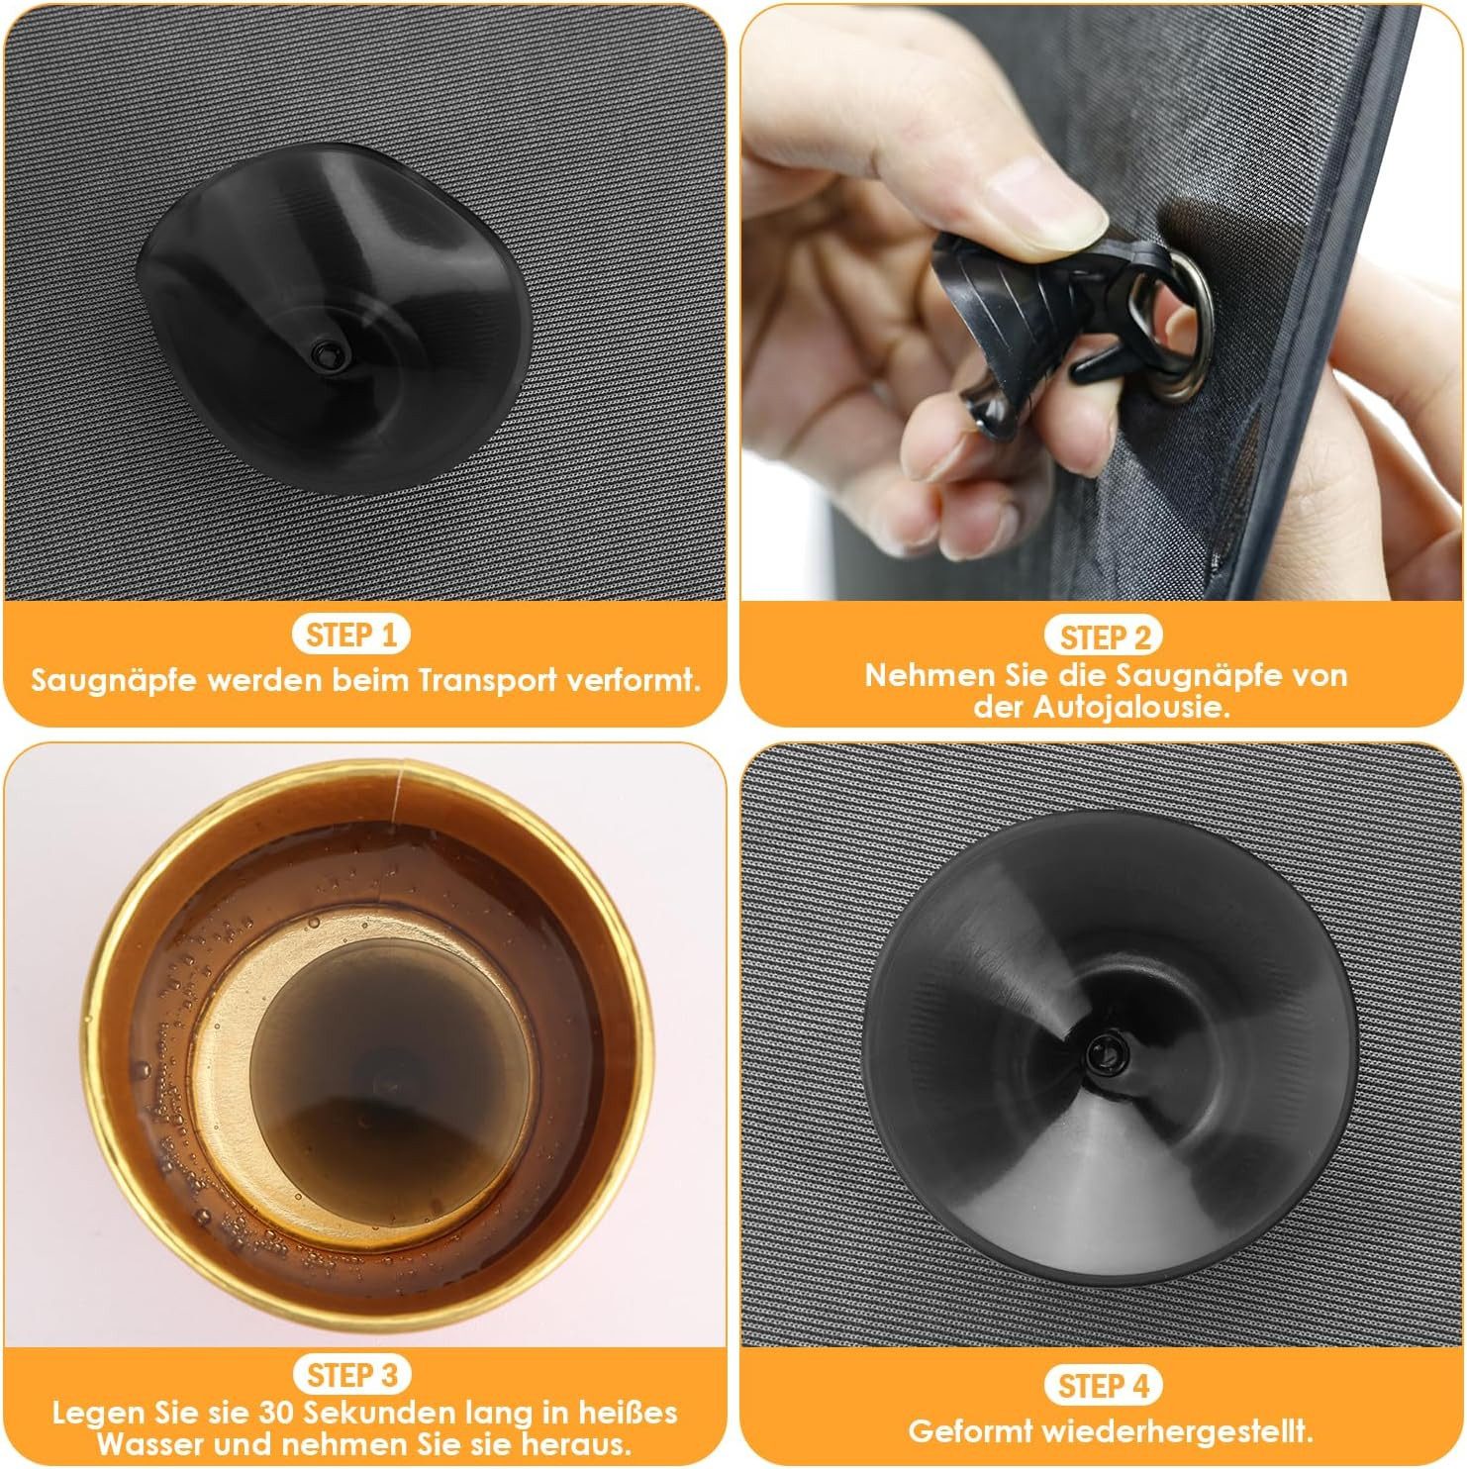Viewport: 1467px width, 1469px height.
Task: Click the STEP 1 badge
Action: coord(350,636)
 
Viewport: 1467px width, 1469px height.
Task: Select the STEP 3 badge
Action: coord(352,1375)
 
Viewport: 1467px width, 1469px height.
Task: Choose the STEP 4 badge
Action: coord(1104,1386)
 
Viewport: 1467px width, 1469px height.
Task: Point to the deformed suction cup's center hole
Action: coord(324,351)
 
